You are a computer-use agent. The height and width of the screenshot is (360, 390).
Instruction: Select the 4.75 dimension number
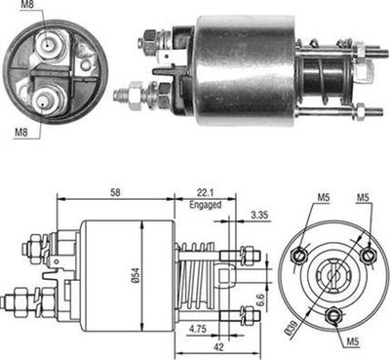(196, 331)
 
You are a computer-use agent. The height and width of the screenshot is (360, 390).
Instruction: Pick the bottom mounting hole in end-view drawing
(333, 313)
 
